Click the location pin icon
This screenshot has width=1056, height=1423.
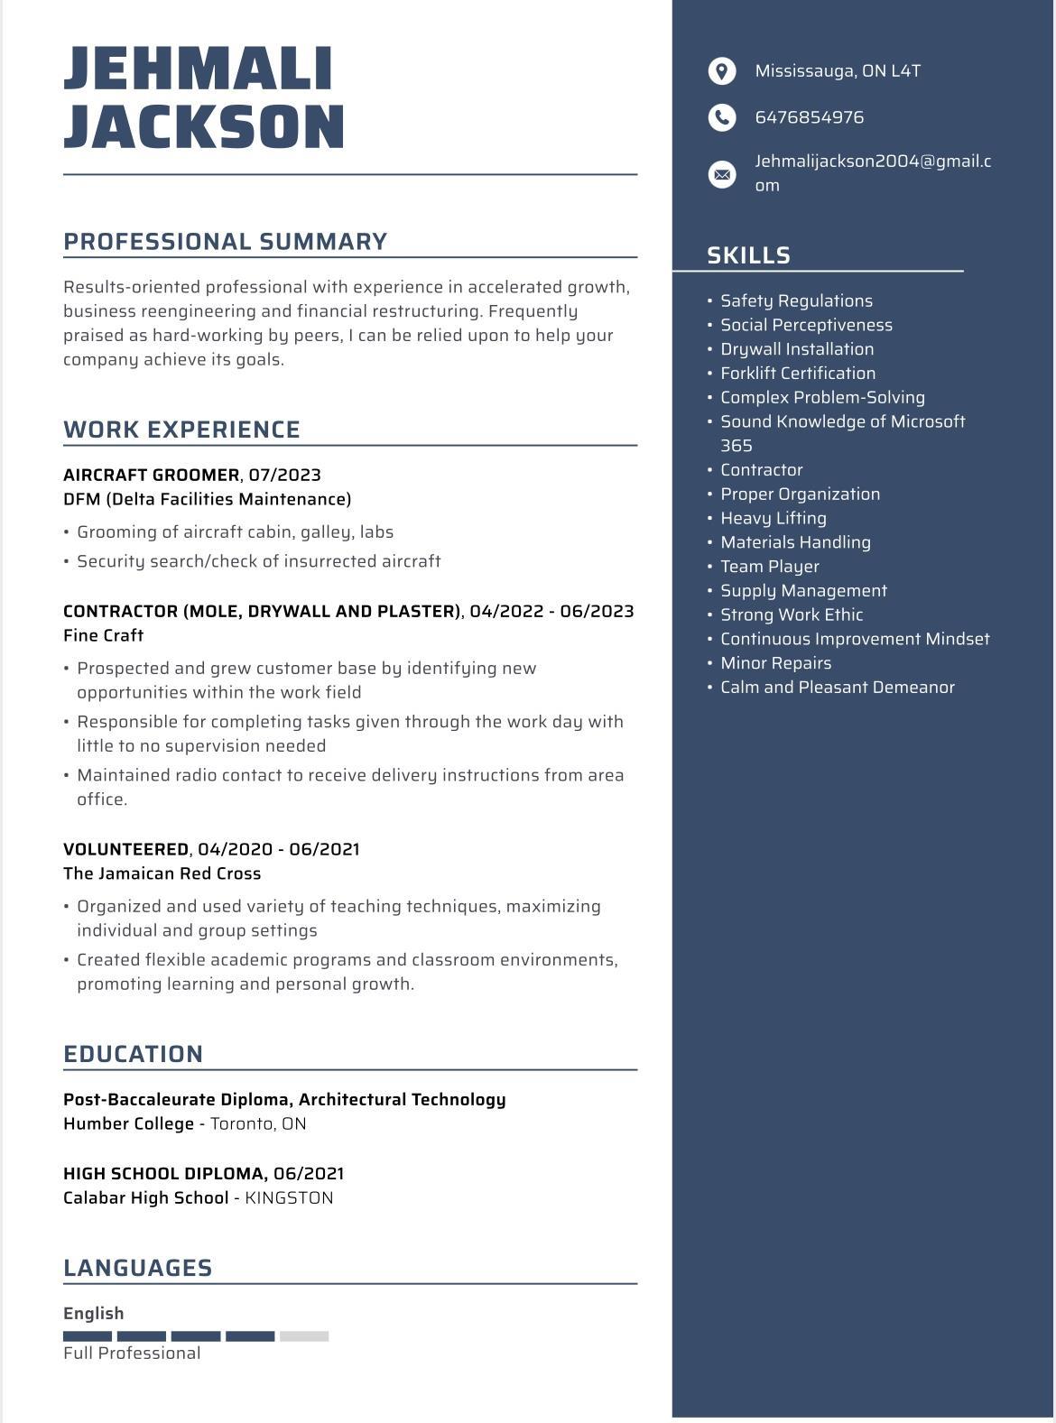(722, 71)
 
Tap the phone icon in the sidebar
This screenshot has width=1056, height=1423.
(722, 117)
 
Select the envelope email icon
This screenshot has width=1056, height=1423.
(722, 174)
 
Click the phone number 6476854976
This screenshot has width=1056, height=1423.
(809, 117)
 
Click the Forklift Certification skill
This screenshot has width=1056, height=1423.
(797, 374)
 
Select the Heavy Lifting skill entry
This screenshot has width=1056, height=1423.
(773, 518)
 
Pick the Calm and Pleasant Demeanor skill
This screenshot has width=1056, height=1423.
(837, 688)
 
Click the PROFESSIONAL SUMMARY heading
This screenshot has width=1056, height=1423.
(225, 242)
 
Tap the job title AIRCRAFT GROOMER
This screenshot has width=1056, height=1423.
(151, 475)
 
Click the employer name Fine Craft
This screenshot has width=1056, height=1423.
(103, 635)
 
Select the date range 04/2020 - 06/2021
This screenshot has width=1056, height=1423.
(278, 849)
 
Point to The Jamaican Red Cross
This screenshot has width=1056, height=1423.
(162, 873)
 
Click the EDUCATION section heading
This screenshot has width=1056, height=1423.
(133, 1054)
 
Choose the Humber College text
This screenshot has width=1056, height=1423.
(128, 1123)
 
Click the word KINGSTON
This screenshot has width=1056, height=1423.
(289, 1198)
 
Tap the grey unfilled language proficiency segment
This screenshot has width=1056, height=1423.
(304, 1336)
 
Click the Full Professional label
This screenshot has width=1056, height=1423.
(132, 1354)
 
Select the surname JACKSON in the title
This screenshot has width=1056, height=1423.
(204, 126)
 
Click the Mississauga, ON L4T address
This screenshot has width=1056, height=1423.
(837, 71)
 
